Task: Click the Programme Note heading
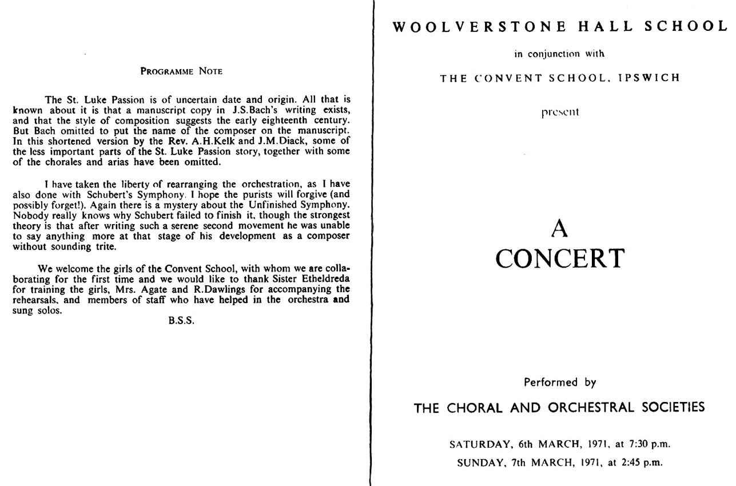[x=181, y=71]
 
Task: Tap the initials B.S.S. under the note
[x=181, y=321]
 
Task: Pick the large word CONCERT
[x=560, y=258]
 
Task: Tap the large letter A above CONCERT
[x=560, y=229]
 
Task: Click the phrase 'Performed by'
[x=560, y=382]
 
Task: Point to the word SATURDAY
[x=477, y=444]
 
